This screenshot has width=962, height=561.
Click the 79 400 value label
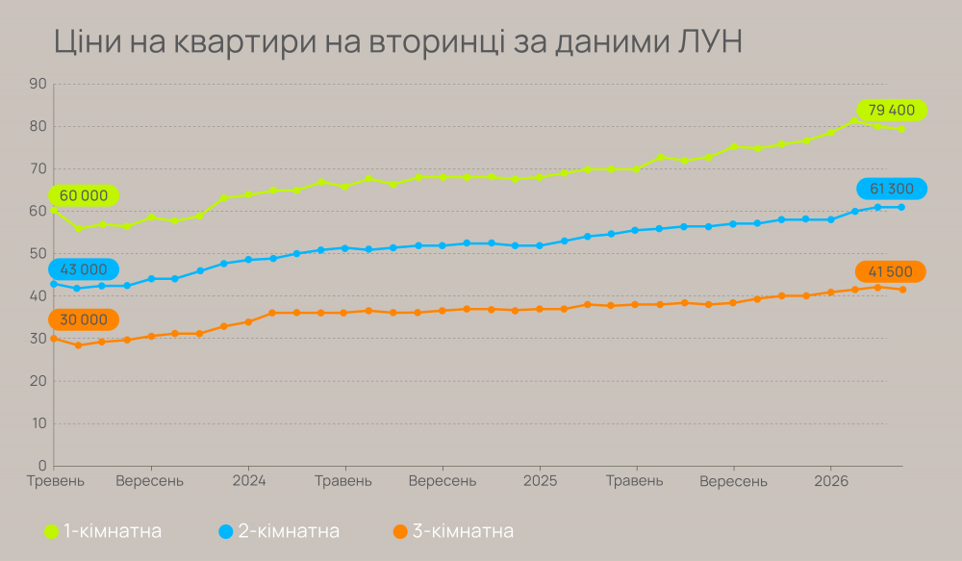(891, 111)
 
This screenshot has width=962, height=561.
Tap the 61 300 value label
(891, 190)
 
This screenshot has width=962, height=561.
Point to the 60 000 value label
(84, 195)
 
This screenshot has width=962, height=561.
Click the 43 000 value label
(84, 269)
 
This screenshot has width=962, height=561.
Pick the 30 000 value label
(84, 319)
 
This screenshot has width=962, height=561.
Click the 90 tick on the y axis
(38, 84)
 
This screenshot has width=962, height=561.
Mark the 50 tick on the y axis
(38, 254)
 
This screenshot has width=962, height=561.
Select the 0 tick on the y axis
(43, 466)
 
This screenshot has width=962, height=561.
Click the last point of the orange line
(902, 290)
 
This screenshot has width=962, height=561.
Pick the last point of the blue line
(902, 207)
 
